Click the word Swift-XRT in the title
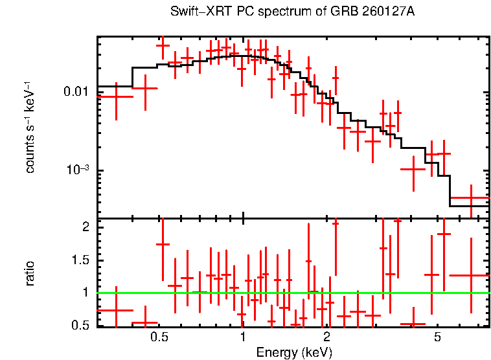(194, 12)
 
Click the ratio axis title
(30, 273)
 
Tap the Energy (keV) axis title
(294, 352)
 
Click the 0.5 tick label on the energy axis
(159, 337)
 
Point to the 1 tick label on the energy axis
(243, 337)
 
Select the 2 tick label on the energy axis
(326, 337)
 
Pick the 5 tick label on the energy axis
(437, 337)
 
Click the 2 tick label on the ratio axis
(85, 227)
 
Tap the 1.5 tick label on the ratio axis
(80, 260)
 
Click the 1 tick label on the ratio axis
(85, 293)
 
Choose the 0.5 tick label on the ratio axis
(80, 325)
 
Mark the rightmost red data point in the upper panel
(471, 198)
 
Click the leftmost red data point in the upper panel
(116, 96)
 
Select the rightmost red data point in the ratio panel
(471, 275)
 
